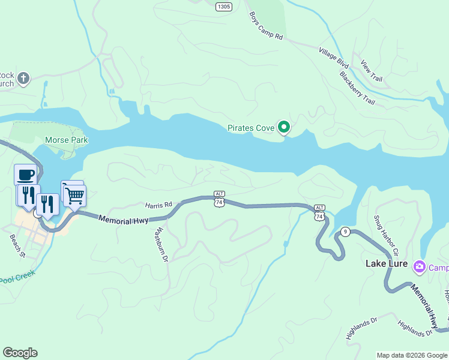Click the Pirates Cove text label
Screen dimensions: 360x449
[250, 128]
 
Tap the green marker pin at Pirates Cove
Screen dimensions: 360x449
[284, 127]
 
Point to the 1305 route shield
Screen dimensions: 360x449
[223, 7]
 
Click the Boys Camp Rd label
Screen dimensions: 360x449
[265, 25]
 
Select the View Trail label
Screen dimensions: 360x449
[372, 71]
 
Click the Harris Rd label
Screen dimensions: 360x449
[158, 205]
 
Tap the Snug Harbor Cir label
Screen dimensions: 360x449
[385, 234]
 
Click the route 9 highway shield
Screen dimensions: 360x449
[345, 232]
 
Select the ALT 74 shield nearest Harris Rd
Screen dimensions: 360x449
[219, 200]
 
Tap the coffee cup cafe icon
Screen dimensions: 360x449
[25, 175]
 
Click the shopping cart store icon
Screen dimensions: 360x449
[75, 195]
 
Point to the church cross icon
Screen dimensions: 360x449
[23, 78]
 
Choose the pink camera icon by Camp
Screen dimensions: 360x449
[420, 267]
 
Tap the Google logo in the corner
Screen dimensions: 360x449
[20, 353]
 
